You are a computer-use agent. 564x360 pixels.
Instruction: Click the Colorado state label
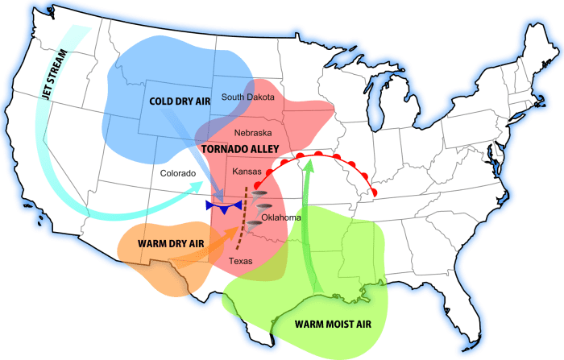click(178, 172)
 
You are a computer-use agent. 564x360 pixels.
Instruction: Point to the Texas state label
click(240, 261)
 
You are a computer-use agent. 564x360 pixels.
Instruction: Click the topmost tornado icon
click(260, 195)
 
